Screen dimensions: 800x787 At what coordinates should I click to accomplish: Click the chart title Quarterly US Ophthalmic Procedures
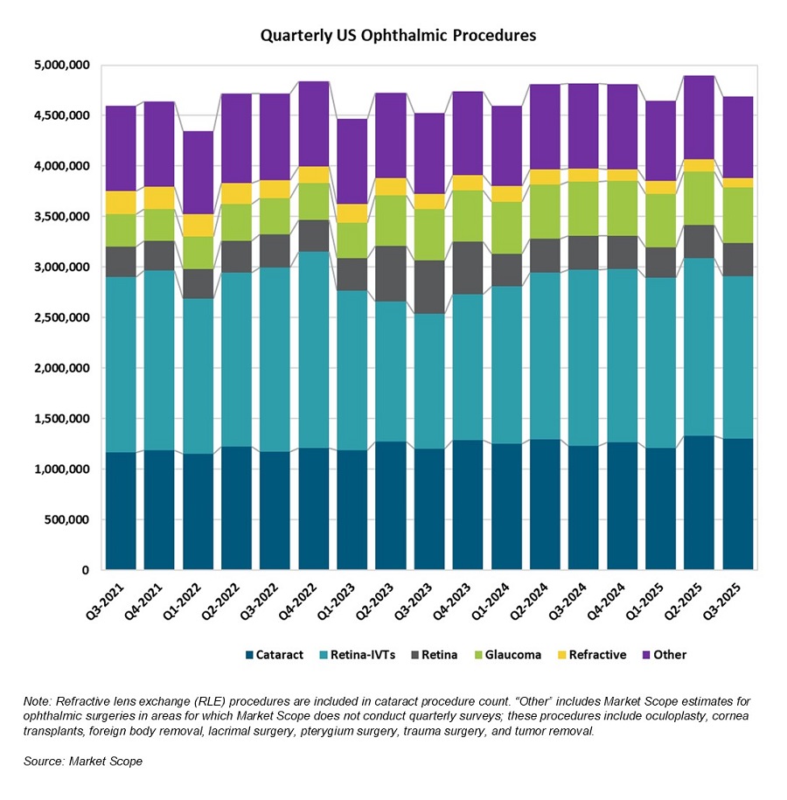coord(398,36)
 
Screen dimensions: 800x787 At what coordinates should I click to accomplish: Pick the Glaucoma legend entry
coord(512,655)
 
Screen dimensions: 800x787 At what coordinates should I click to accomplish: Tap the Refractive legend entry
coord(596,655)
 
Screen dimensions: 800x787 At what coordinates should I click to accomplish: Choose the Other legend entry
coord(670,655)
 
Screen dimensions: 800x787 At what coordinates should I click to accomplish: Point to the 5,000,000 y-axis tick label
coord(60,66)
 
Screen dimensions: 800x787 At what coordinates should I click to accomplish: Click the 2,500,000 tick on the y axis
coord(60,318)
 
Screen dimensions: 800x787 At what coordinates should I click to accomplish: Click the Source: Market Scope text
coord(83,762)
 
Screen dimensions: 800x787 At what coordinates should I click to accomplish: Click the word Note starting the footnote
coord(39,702)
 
